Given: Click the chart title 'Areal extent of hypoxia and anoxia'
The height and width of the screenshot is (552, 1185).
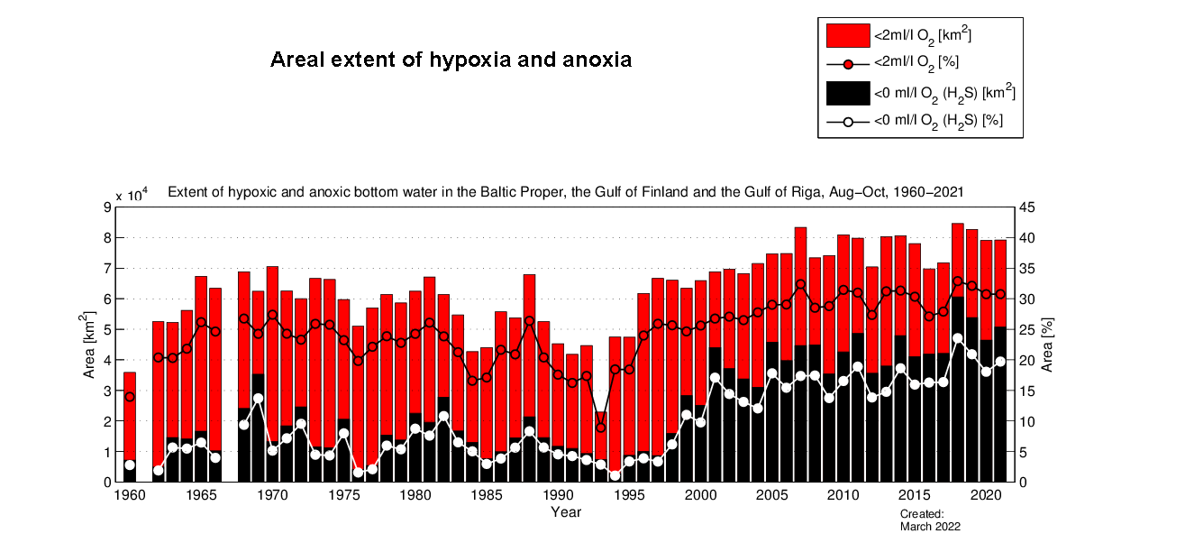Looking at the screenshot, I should [451, 60].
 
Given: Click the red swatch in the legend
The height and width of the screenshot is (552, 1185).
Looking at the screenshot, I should [848, 36].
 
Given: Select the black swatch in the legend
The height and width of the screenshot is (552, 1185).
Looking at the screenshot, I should [848, 92].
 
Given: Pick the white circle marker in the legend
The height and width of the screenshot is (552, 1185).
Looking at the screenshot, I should [848, 121].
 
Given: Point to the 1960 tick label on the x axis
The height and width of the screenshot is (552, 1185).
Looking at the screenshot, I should [129, 495].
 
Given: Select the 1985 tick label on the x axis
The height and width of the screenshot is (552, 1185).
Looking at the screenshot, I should [487, 495].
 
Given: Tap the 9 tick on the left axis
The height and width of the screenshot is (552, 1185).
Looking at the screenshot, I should [108, 207].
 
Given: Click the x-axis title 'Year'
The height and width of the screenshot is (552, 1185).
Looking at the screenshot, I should [566, 512].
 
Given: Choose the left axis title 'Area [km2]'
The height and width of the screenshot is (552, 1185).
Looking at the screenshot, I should [89, 345].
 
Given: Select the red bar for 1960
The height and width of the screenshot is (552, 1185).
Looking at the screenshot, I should [130, 415].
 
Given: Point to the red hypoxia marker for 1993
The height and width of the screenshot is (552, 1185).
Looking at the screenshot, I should [601, 428].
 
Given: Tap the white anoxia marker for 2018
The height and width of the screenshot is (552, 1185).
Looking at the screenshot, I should [958, 338].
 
